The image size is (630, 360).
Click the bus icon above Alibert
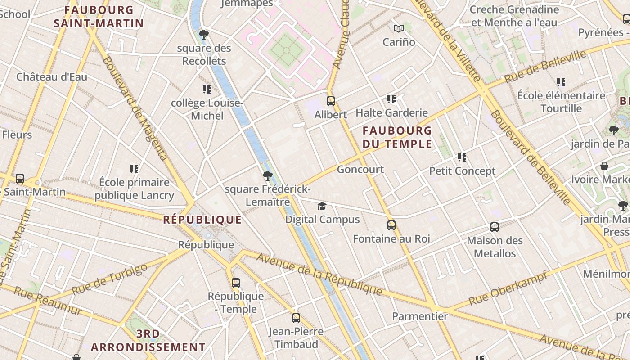click(331, 101)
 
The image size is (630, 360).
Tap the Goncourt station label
click(360, 170)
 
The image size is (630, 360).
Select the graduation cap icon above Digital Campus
click(322, 207)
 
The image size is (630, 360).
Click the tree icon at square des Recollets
click(204, 35)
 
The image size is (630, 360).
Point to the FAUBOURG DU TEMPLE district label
click(397, 137)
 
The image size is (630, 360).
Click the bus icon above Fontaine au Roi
click(391, 225)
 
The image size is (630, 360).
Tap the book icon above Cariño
click(399, 29)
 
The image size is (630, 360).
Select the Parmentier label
click(420, 316)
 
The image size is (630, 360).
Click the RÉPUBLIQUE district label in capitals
click(202, 220)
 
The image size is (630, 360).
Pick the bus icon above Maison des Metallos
click(495, 227)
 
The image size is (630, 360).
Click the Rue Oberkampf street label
click(508, 288)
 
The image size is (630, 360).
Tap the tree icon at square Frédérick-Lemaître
click(268, 176)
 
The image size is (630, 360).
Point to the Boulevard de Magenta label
click(135, 108)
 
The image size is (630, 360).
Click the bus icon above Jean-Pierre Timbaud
click(296, 318)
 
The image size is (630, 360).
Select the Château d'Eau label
click(52, 77)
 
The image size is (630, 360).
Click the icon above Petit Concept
click(462, 157)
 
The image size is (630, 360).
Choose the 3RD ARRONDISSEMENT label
click(148, 341)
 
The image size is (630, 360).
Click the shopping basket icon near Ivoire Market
click(604, 166)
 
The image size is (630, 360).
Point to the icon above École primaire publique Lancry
click(134, 169)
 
